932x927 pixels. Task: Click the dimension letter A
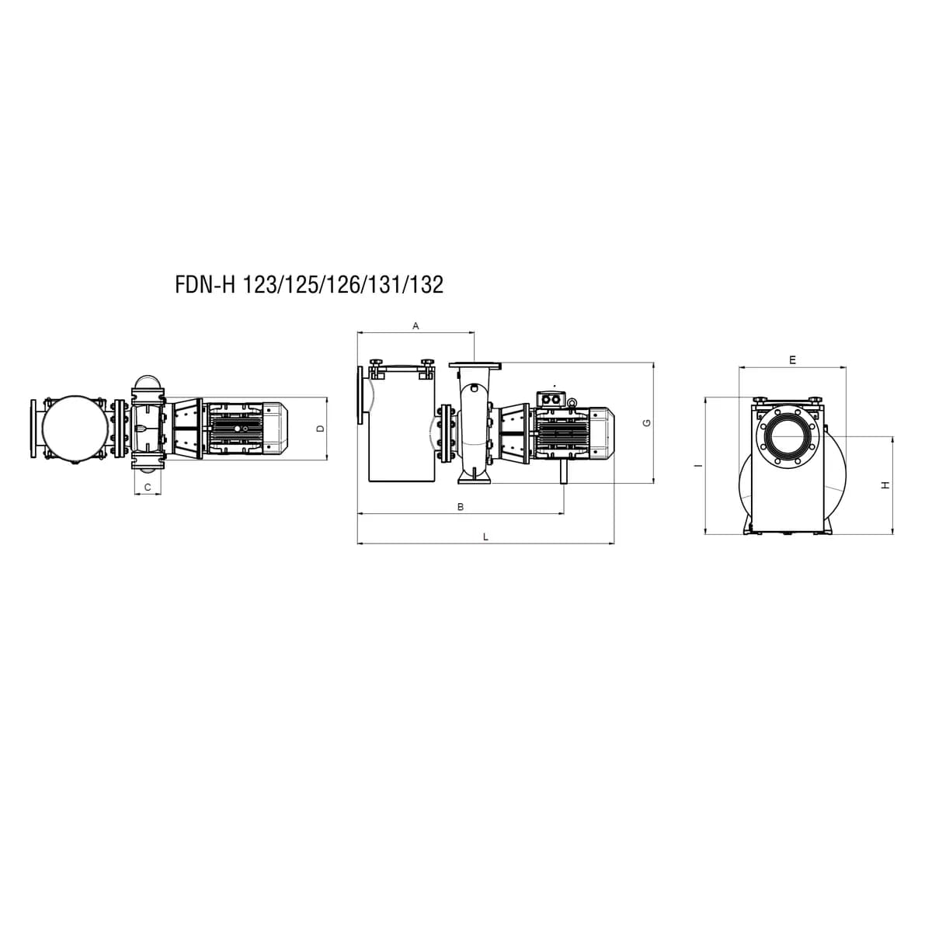pos(415,326)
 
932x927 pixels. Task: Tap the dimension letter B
pos(461,507)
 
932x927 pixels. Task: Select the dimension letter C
pos(148,488)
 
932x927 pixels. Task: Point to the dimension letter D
pos(320,429)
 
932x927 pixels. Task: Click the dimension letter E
pos(792,359)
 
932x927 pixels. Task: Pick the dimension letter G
pos(647,423)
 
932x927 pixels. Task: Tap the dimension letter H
pos(885,485)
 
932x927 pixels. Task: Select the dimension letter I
pos(697,466)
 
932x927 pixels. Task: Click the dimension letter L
pos(486,536)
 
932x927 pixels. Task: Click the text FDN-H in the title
pos(205,285)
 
